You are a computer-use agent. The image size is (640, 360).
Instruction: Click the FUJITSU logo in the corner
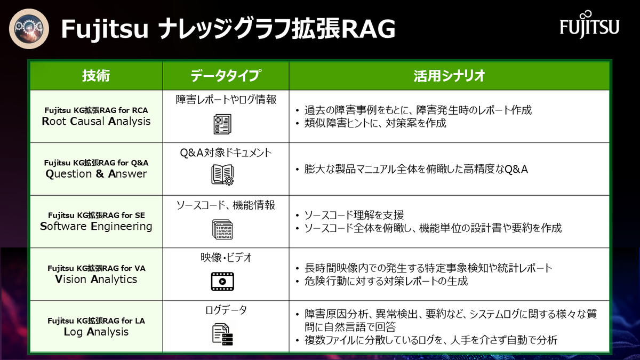click(589, 25)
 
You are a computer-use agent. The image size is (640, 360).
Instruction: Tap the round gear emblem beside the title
click(29, 29)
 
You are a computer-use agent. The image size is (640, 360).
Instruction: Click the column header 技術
click(97, 76)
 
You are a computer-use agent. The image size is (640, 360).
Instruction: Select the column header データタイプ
click(226, 76)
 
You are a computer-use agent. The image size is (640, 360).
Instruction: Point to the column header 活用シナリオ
click(449, 76)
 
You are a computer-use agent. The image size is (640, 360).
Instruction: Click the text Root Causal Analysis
click(97, 121)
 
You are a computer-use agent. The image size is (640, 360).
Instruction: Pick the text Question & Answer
click(97, 174)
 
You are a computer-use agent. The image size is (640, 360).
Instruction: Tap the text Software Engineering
click(97, 226)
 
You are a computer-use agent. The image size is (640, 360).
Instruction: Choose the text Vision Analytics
click(97, 279)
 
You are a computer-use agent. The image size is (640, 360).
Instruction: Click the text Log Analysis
click(97, 332)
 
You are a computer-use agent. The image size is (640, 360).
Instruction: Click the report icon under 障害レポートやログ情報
click(222, 124)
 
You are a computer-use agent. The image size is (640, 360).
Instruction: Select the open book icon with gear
click(222, 175)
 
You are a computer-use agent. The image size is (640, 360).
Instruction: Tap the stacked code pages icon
click(222, 229)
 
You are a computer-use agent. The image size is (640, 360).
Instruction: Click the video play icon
click(222, 282)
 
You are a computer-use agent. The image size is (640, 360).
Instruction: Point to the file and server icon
click(222, 334)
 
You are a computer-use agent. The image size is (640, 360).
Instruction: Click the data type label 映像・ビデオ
click(226, 258)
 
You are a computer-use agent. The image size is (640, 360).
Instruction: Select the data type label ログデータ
click(226, 310)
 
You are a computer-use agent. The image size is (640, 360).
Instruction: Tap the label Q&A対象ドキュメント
click(226, 153)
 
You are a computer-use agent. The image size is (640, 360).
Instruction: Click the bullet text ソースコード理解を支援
click(354, 215)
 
